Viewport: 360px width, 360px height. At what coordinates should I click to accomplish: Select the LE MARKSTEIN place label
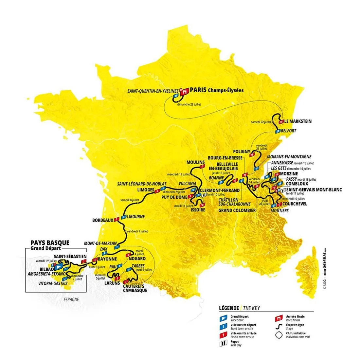[x=298, y=121]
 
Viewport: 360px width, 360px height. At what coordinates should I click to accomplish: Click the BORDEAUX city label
[x=103, y=220]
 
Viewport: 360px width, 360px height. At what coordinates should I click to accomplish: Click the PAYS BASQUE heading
[x=50, y=243]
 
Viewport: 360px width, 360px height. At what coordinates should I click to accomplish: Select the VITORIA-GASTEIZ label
[x=53, y=283]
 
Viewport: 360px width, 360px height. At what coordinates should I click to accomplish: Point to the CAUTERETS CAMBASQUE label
[x=134, y=288]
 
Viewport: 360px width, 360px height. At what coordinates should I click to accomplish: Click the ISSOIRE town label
[x=198, y=210]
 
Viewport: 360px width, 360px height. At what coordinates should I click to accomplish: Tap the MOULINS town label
[x=195, y=162]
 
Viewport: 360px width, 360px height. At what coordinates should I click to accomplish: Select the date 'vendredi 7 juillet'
[x=137, y=231]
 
